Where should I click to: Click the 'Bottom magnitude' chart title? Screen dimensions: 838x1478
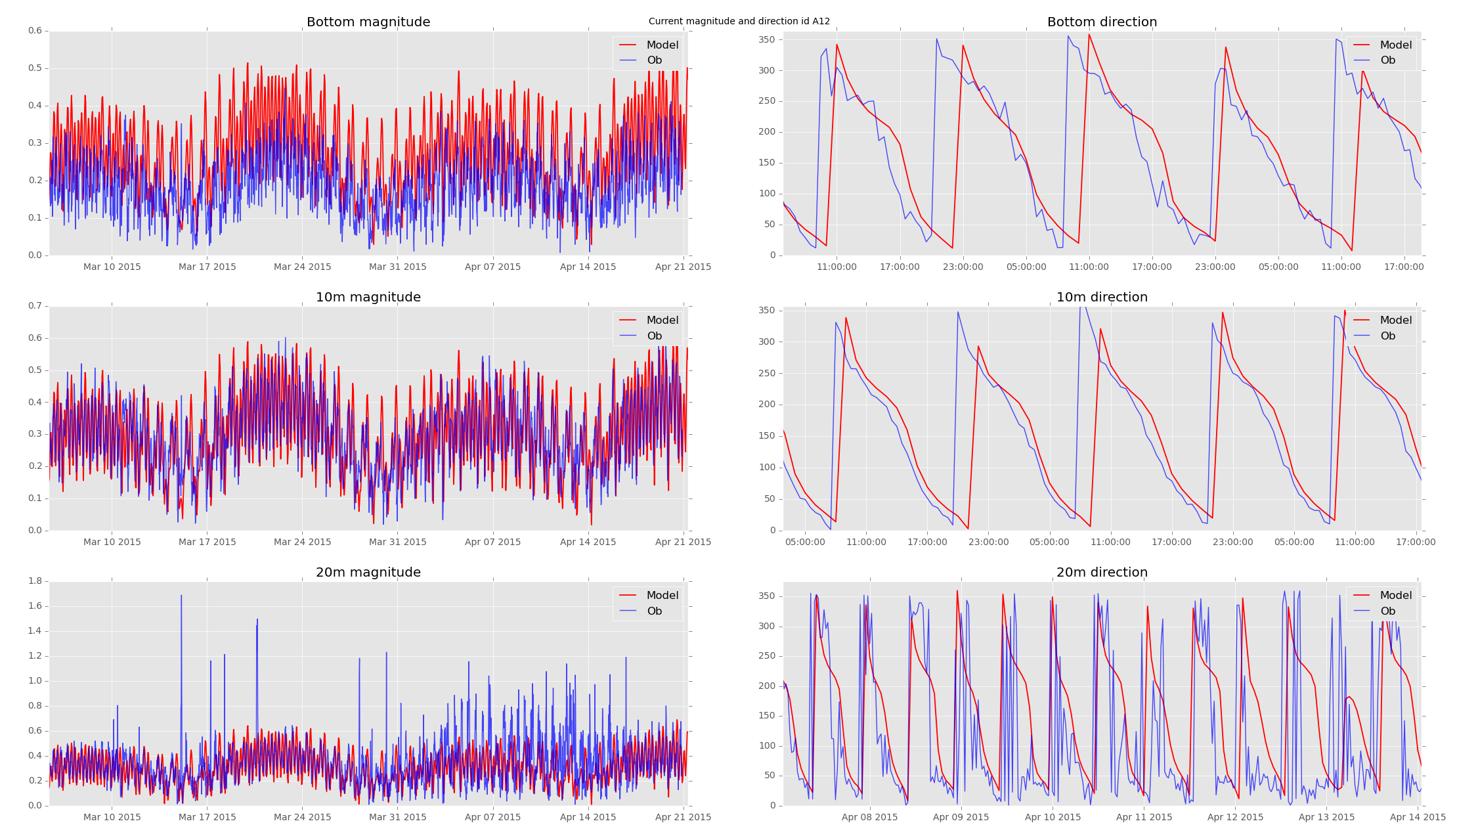point(368,22)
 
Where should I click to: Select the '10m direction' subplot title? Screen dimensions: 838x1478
point(1102,298)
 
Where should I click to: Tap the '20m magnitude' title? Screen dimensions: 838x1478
point(368,573)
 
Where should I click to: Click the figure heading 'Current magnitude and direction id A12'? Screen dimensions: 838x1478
point(739,22)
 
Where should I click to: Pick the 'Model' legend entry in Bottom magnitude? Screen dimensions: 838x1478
point(662,45)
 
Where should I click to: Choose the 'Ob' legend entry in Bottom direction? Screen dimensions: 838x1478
point(1387,60)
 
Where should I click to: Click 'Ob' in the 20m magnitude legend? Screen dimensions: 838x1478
point(654,611)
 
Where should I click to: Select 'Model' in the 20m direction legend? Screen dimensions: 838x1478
point(1395,596)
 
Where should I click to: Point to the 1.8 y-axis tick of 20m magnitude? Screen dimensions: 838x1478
point(35,581)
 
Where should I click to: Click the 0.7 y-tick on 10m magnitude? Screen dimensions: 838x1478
point(35,306)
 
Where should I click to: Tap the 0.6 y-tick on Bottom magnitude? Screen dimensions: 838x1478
point(35,31)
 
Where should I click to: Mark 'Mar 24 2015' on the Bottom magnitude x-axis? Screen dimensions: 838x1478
point(302,267)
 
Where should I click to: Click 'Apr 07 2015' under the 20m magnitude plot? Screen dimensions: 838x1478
point(492,818)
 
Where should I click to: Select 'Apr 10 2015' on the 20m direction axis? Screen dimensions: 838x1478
point(1053,818)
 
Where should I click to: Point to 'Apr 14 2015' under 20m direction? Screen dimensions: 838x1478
point(1418,818)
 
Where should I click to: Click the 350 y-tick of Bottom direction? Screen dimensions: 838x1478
point(767,40)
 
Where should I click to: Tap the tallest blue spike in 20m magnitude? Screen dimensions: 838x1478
point(181,596)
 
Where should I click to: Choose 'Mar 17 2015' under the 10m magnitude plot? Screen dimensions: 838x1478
point(207,542)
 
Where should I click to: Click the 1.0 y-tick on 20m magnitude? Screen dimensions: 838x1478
point(35,681)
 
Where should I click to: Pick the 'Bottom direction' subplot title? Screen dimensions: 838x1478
point(1102,22)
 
